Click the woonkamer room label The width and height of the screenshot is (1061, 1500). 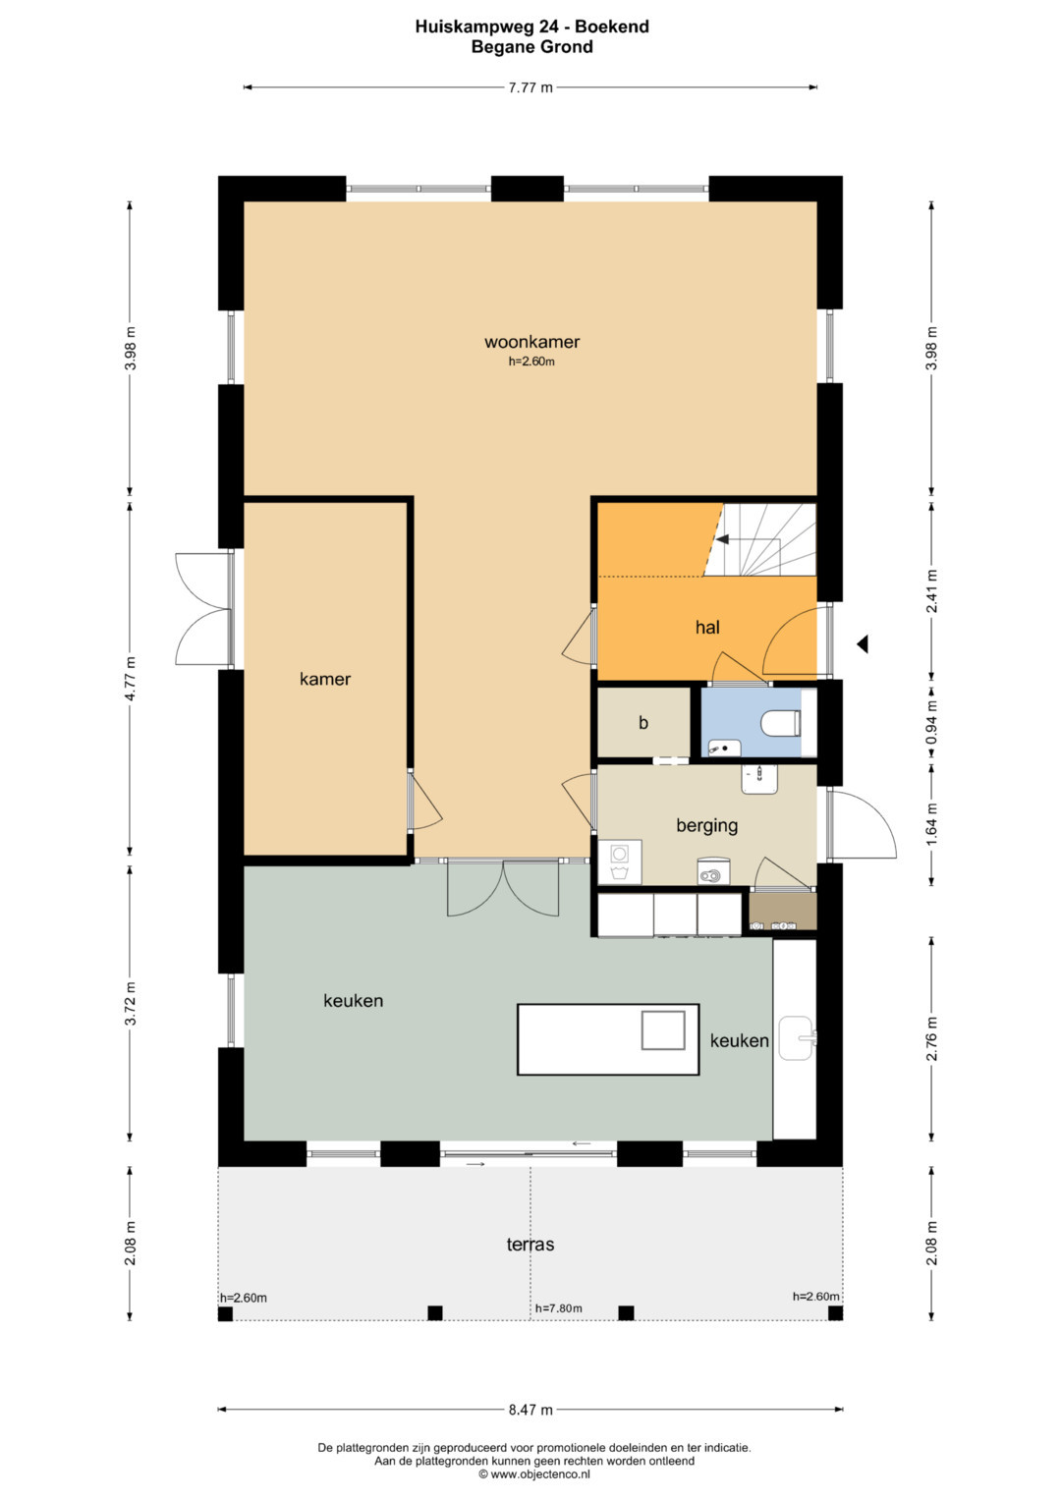pos(531,342)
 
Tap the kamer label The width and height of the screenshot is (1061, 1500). pos(325,679)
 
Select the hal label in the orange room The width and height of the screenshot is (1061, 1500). pos(707,628)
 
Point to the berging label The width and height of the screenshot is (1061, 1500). pos(706,826)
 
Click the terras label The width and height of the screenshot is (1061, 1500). pos(530,1245)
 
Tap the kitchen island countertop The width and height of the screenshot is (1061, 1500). pos(608,1039)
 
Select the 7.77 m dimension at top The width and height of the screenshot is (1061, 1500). pos(530,87)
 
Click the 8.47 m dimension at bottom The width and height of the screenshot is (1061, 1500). pos(530,1410)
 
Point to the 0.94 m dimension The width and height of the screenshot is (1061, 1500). pos(931,723)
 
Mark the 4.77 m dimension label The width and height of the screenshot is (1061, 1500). pos(131,679)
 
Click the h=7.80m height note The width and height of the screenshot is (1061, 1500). pos(559,1308)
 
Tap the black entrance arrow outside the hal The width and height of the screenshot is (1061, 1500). pos(863,644)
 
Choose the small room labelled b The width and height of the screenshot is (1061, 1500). pos(643,723)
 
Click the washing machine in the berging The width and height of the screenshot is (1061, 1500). pos(620,861)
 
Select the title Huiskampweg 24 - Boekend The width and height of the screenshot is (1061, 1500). pos(531,27)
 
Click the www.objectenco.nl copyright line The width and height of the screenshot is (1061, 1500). pos(533,1473)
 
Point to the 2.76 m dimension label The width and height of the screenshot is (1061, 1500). pos(931,1038)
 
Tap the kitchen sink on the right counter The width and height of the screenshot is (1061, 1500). pos(797,1038)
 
